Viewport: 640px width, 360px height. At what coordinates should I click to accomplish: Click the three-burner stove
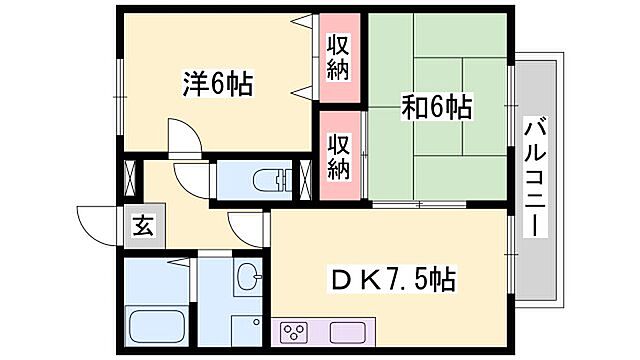(x=296, y=333)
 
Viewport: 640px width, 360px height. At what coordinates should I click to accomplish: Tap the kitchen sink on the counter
(x=347, y=333)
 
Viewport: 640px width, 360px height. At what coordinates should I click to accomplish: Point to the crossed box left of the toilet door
(x=129, y=181)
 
